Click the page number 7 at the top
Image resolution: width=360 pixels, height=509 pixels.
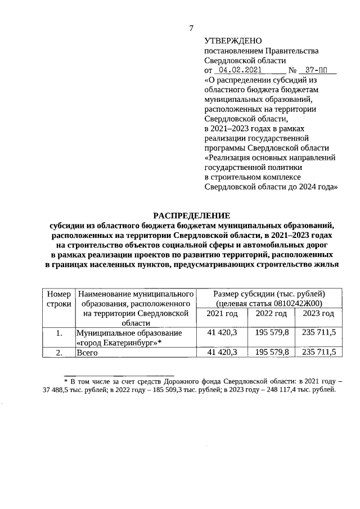tap(191, 28)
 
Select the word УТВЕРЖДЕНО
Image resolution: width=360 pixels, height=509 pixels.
tap(233, 41)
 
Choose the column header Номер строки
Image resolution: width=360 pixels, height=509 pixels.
tap(58, 299)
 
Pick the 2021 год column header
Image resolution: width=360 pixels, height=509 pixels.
tap(223, 313)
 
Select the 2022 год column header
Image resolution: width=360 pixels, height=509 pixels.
tap(272, 313)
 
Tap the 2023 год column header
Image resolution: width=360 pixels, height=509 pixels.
tap(318, 313)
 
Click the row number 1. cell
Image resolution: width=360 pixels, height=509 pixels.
tap(58, 333)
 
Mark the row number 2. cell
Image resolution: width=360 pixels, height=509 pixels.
tap(58, 352)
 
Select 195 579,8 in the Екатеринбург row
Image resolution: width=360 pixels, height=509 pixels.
tap(272, 333)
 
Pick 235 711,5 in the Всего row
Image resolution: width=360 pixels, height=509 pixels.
tap(318, 352)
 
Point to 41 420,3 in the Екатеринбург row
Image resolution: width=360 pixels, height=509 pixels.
tap(223, 333)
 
